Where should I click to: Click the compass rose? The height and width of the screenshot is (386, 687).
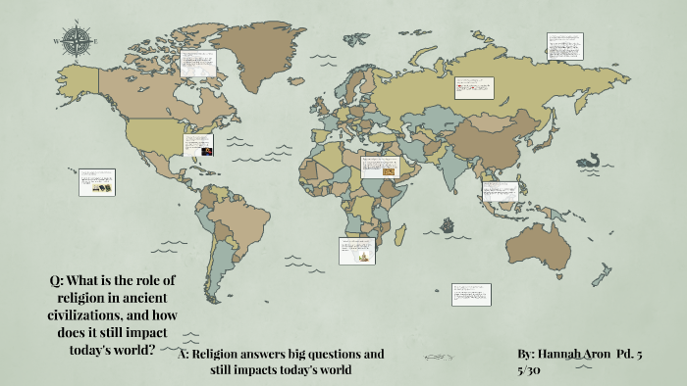click(x=75, y=40)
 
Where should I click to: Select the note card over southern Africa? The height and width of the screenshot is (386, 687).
click(x=356, y=250)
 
